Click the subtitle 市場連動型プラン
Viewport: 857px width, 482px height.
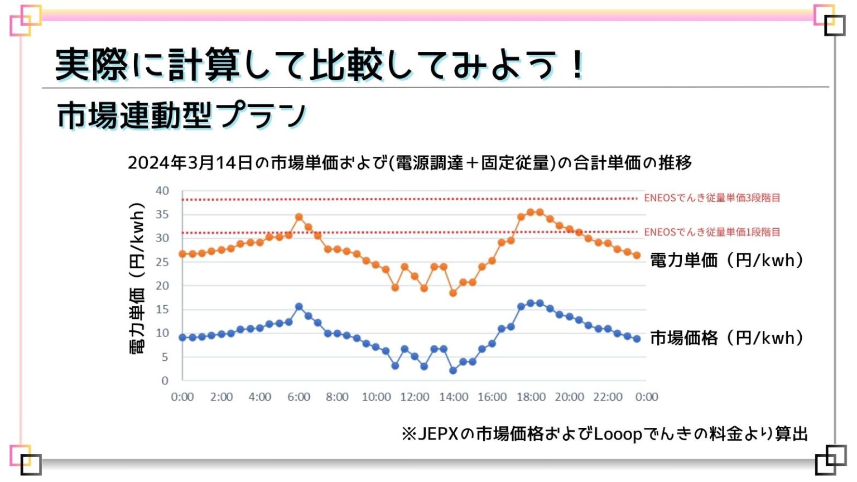pyautogui.click(x=182, y=115)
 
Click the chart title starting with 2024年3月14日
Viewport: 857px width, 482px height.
pyautogui.click(x=410, y=162)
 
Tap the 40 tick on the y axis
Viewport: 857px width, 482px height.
pyautogui.click(x=162, y=191)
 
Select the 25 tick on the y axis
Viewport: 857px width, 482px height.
pyautogui.click(x=162, y=262)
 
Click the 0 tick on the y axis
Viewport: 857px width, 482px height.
pyautogui.click(x=165, y=380)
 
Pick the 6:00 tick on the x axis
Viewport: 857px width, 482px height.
pyautogui.click(x=298, y=397)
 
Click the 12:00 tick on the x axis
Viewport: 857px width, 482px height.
pyautogui.click(x=415, y=397)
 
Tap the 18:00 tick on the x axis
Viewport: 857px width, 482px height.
pyautogui.click(x=531, y=397)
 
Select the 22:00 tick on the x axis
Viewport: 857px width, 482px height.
pyautogui.click(x=608, y=397)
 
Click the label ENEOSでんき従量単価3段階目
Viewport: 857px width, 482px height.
pyautogui.click(x=712, y=198)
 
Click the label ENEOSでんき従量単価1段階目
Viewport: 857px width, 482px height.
pyautogui.click(x=712, y=232)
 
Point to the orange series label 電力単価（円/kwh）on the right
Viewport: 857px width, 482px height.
pyautogui.click(x=726, y=260)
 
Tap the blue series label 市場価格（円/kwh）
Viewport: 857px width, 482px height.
pyautogui.click(x=726, y=338)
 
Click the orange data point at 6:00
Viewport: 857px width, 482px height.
pyautogui.click(x=298, y=217)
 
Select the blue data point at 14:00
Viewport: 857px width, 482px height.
pyautogui.click(x=453, y=370)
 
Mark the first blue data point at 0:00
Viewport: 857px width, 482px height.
pyautogui.click(x=182, y=338)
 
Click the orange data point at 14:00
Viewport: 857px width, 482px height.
pyautogui.click(x=453, y=293)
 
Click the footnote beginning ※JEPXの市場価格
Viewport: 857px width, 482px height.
pyautogui.click(x=604, y=433)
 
